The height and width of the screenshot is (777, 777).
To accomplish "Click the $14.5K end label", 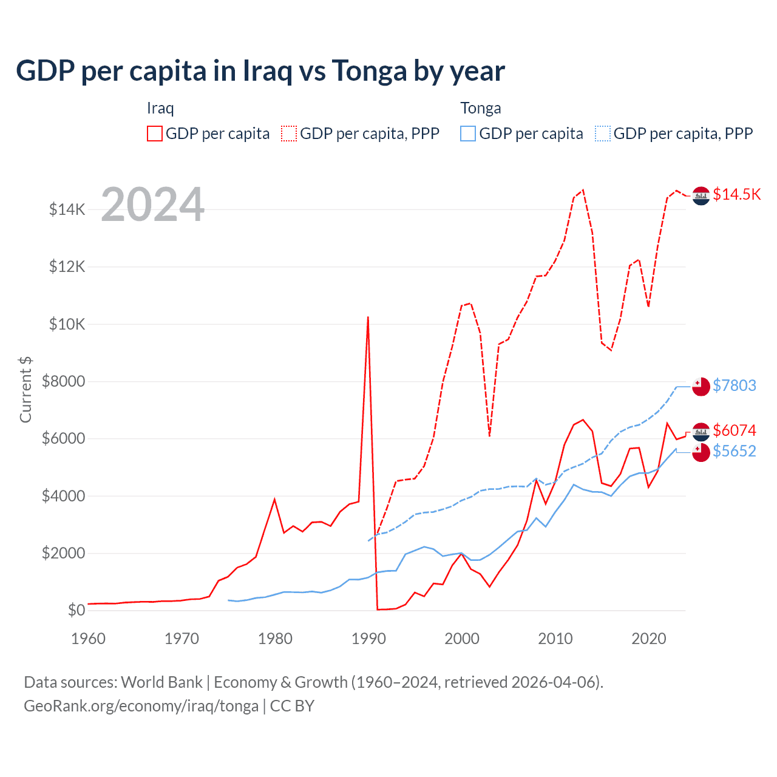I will pos(736,194).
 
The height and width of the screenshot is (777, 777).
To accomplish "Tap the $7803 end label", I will pos(734,385).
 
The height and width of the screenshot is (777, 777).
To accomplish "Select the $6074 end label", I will pos(734,430).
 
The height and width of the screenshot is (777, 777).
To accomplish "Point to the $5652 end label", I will pos(734,451).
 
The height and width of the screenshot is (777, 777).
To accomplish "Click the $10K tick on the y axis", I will pos(67,324).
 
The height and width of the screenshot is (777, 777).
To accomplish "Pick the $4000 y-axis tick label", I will pos(63,496).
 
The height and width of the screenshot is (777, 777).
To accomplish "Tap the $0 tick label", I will pos(76,610).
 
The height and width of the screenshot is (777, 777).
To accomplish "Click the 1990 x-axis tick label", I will pos(368,639).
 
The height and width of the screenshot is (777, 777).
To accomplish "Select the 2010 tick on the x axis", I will pos(555,639).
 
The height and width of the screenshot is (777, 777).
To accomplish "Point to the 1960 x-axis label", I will pos(89,639).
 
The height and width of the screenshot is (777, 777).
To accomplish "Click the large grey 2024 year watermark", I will pos(152,205).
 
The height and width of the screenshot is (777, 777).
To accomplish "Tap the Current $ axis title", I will pos(25,389).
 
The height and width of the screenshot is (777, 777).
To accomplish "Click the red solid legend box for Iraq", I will pos(155,134).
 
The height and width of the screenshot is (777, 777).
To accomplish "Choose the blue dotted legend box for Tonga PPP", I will pos(603,134).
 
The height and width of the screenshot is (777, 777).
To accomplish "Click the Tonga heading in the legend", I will pos(480,108).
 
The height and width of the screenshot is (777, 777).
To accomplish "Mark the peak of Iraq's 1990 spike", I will pos(368,317).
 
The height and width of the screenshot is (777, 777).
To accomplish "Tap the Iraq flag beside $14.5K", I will pos(701,196).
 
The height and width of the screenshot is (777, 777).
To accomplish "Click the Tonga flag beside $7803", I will pos(701,387).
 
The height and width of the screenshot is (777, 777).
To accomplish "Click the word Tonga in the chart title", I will pos(369,71).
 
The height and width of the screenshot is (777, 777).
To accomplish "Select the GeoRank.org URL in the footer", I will pos(141,706).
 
